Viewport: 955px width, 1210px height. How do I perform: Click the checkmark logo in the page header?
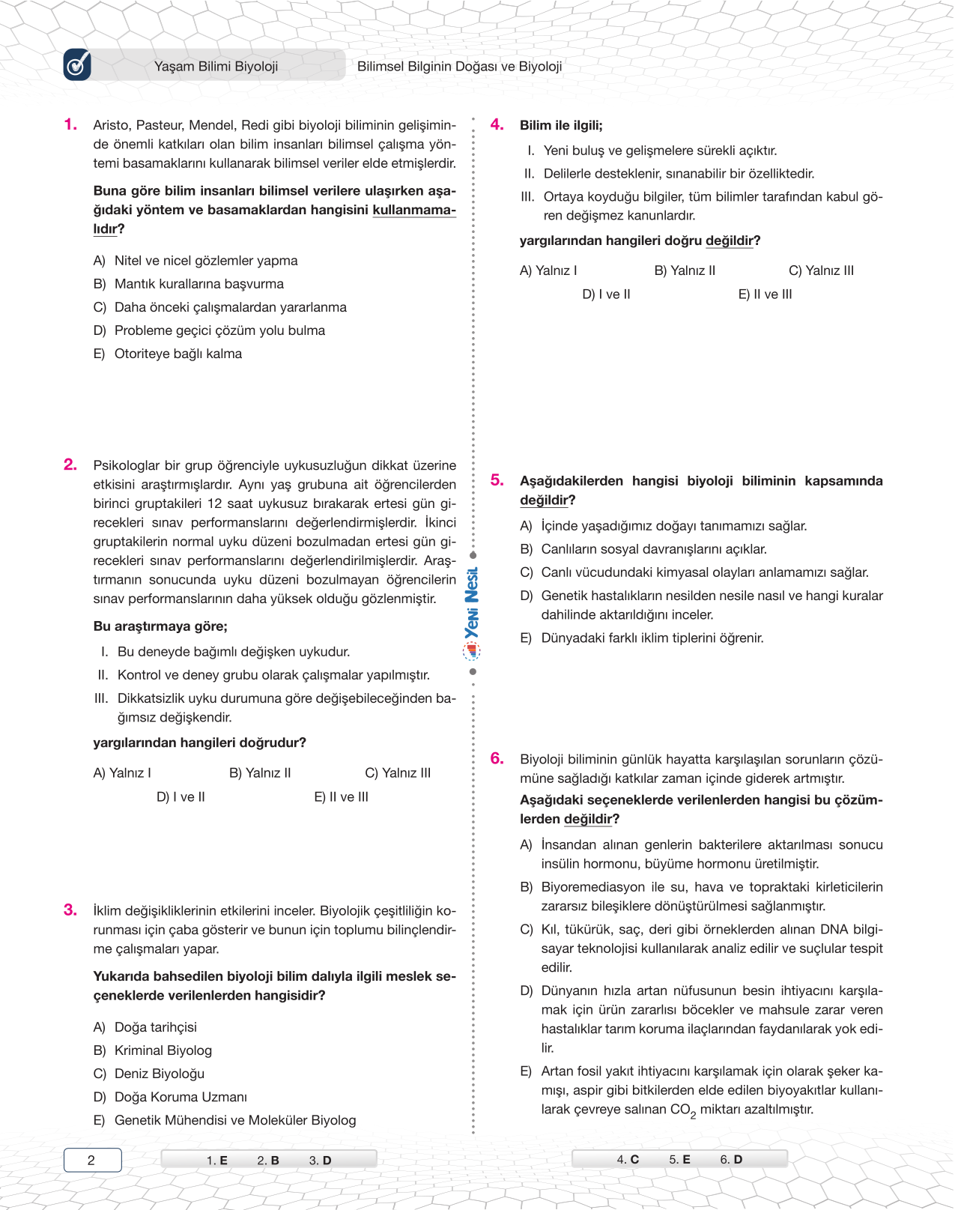point(77,65)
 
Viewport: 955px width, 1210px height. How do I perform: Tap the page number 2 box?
point(92,1160)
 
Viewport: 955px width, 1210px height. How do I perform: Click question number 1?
point(70,124)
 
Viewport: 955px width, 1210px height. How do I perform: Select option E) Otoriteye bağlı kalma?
point(167,354)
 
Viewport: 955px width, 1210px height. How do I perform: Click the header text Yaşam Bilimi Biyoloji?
point(216,66)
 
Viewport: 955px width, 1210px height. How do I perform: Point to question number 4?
point(497,124)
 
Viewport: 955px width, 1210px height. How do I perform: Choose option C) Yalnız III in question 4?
point(821,270)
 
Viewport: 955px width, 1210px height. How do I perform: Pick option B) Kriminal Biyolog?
point(152,1050)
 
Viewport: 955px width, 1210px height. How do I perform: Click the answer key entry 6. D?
point(731,1159)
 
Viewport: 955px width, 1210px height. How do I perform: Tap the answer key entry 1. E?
point(216,1160)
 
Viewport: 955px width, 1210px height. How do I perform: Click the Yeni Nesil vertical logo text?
point(472,603)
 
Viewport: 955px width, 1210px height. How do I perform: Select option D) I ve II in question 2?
point(181,796)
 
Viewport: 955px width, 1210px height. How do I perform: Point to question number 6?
point(497,758)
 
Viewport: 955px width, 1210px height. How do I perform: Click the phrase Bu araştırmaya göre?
point(160,626)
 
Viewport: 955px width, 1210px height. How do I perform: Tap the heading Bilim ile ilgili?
point(561,125)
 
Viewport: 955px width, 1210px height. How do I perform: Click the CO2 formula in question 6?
point(683,1110)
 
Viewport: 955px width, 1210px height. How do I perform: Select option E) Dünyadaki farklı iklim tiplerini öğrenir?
point(642,638)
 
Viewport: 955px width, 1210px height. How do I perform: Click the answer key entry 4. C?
point(628,1159)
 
